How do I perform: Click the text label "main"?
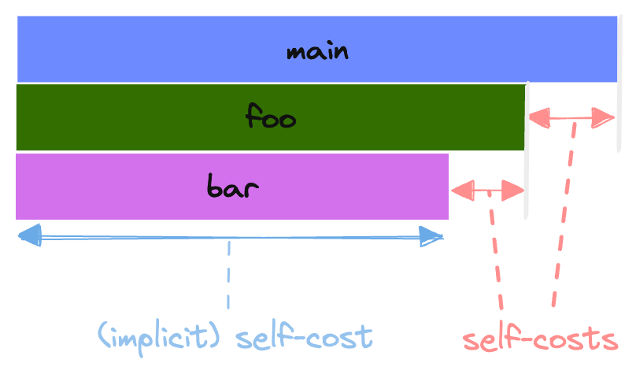317,52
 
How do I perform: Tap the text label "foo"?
270,119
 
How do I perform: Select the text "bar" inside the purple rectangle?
233,187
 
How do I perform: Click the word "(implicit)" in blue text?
161,337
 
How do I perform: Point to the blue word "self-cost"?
304,337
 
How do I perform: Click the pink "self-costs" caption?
539,339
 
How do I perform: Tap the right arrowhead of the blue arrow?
433,235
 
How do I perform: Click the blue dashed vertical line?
228,276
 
